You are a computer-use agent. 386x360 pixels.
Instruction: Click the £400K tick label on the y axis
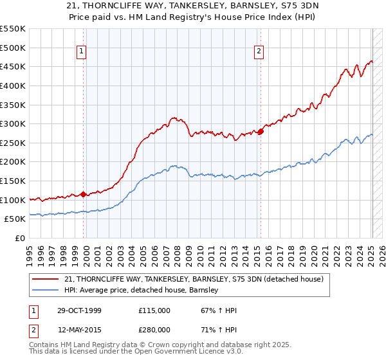13,85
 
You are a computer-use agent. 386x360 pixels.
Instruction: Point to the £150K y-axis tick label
13,181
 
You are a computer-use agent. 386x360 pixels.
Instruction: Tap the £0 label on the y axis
19,238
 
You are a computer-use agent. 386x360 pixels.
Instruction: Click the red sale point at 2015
261,132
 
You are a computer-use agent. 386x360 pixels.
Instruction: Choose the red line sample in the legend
46,279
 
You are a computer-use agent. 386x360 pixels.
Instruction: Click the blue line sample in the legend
46,290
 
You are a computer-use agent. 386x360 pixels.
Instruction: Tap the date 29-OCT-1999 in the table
74,310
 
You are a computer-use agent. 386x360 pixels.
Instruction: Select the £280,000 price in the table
154,330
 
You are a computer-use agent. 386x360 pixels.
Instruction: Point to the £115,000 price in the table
154,310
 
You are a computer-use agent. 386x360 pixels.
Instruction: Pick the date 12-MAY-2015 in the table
74,330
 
